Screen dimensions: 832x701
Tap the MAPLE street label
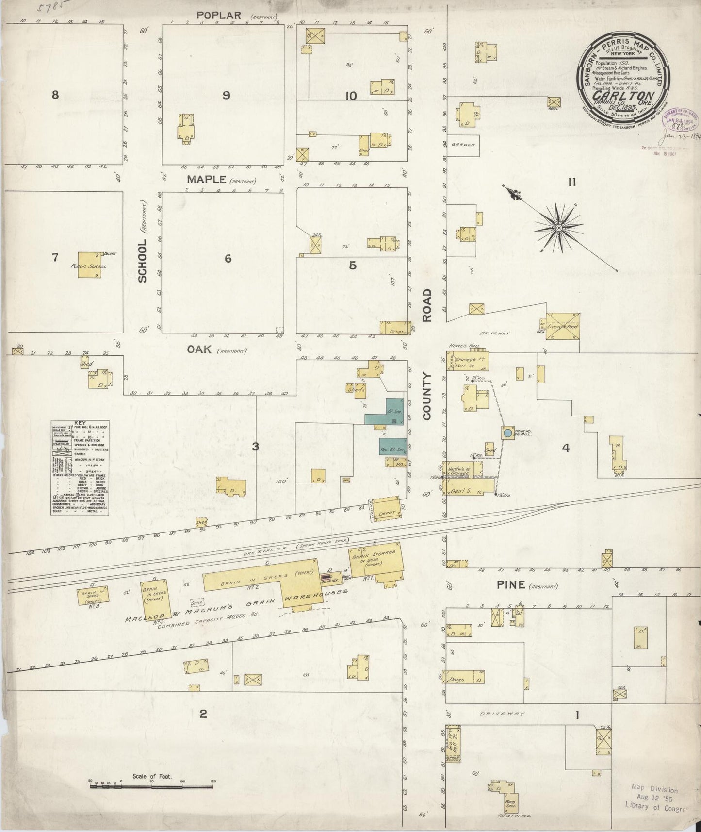pyautogui.click(x=207, y=180)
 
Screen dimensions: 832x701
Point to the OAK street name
pyautogui.click(x=199, y=349)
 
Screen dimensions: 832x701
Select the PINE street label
pyautogui.click(x=511, y=585)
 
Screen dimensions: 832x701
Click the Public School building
pyautogui.click(x=91, y=265)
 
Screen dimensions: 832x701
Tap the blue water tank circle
pyautogui.click(x=507, y=433)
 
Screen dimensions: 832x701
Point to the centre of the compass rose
pyautogui.click(x=558, y=227)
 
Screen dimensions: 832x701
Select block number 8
pyautogui.click(x=55, y=95)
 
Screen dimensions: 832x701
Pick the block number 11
pyautogui.click(x=572, y=183)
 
